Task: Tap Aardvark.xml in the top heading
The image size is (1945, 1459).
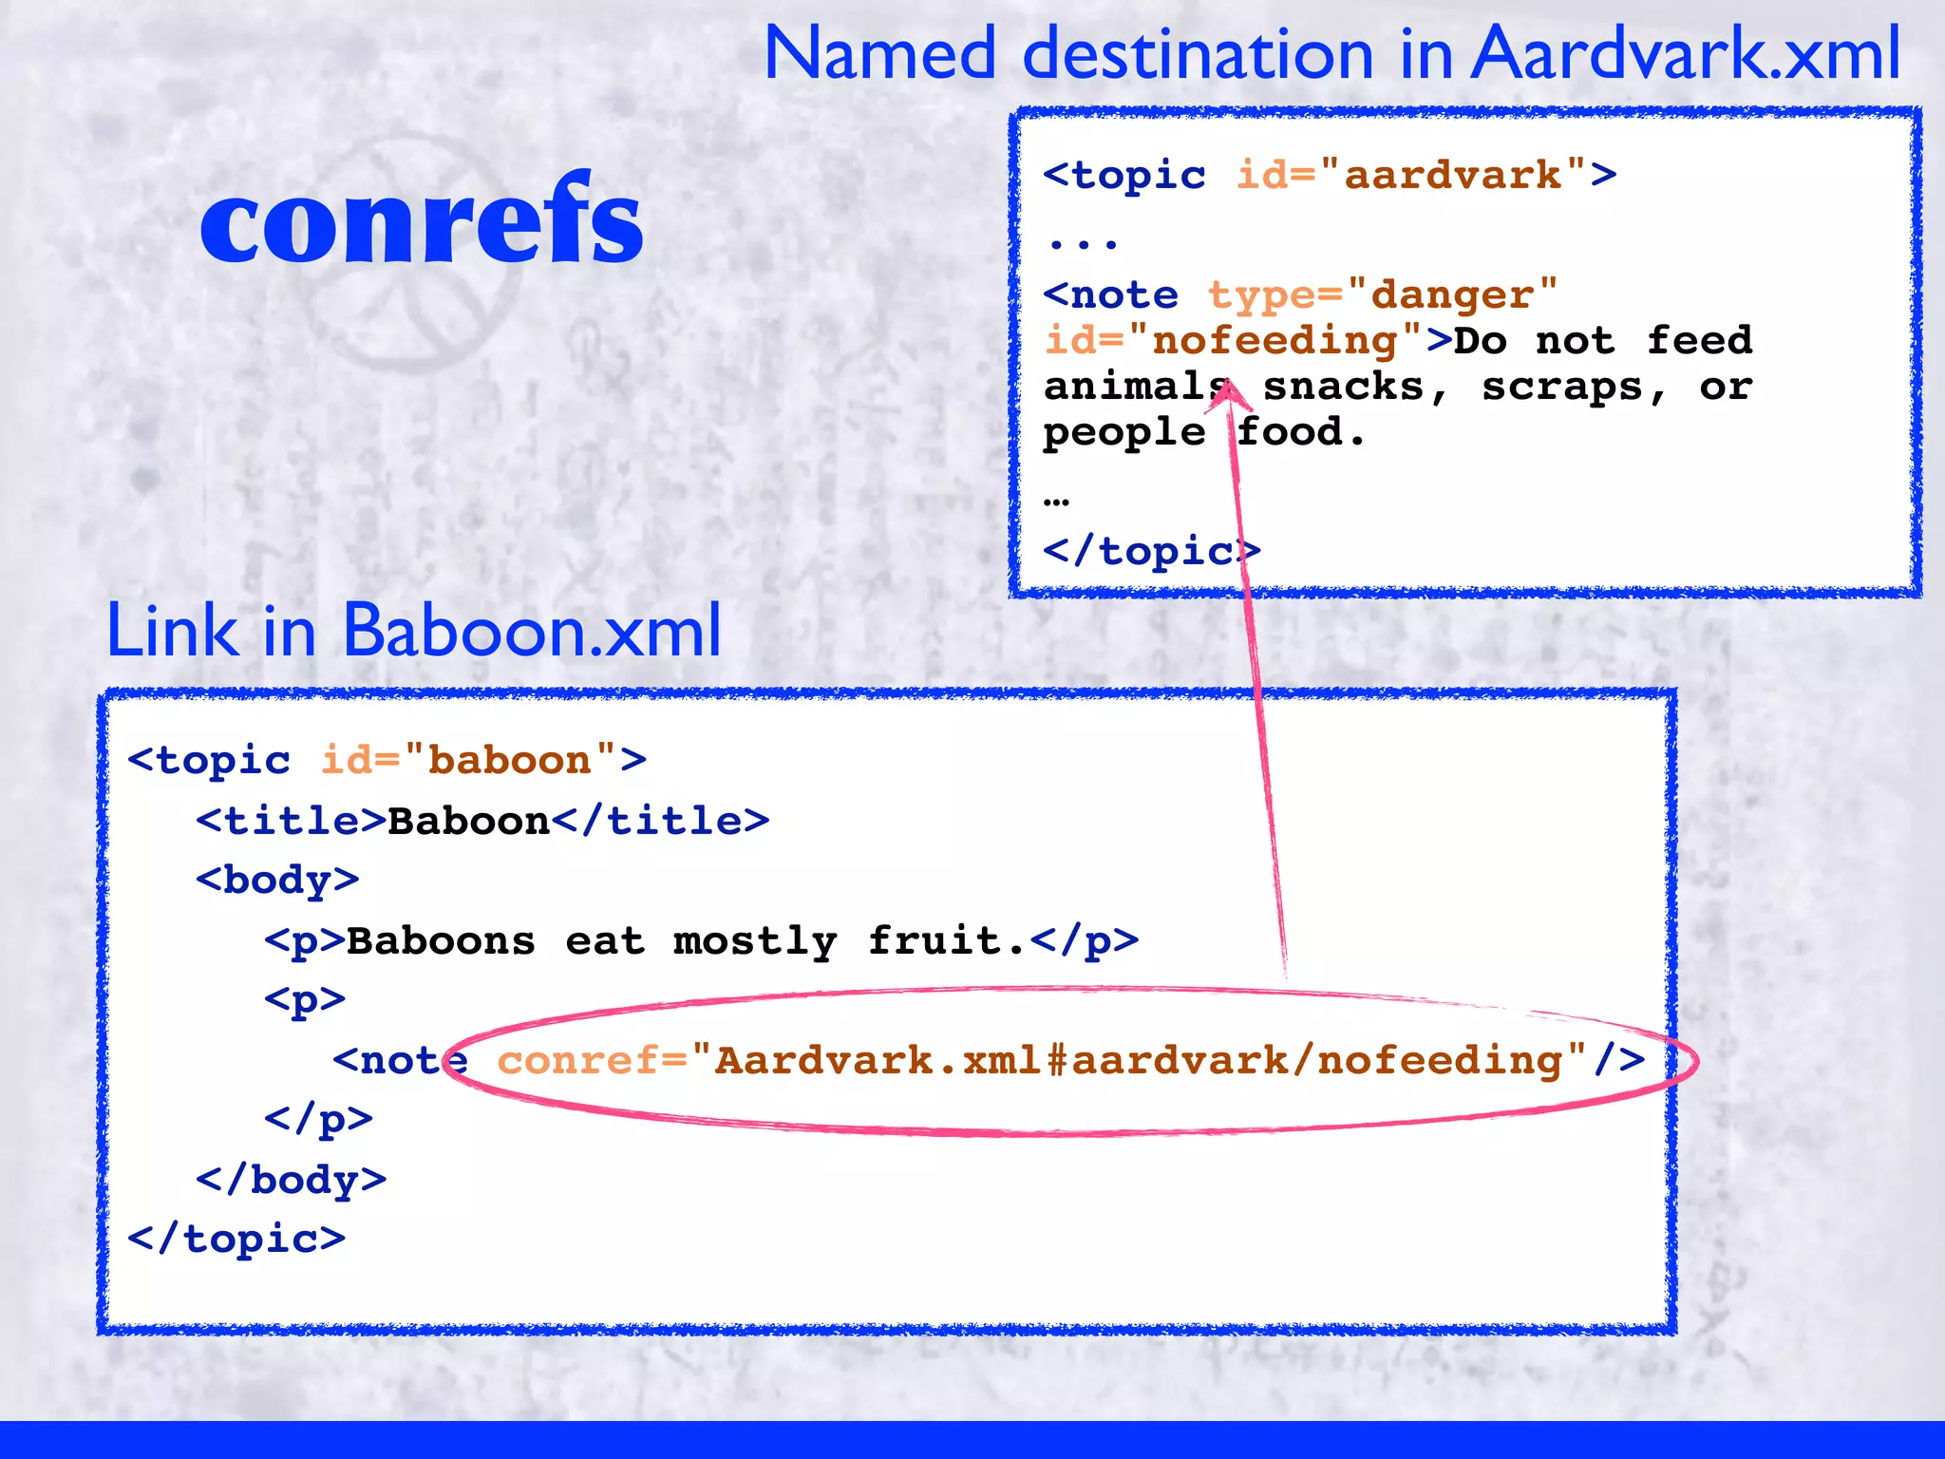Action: pos(1686,54)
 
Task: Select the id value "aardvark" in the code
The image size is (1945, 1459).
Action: pos(1453,176)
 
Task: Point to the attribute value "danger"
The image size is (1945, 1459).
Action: pos(1452,295)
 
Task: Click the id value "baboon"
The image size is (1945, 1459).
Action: pos(510,761)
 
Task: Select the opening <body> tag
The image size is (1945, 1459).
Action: pos(277,881)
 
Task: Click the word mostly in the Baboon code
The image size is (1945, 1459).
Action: pos(755,941)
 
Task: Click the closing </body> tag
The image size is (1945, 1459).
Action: pos(291,1181)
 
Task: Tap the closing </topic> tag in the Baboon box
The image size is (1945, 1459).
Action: pos(236,1240)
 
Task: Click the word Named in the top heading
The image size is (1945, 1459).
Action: pos(879,54)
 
